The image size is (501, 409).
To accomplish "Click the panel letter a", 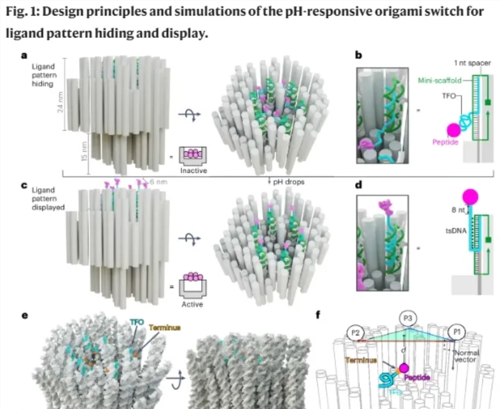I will point(24,55).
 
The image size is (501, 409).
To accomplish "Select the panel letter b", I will point(358,55).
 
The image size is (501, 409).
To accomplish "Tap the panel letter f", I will point(318,315).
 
